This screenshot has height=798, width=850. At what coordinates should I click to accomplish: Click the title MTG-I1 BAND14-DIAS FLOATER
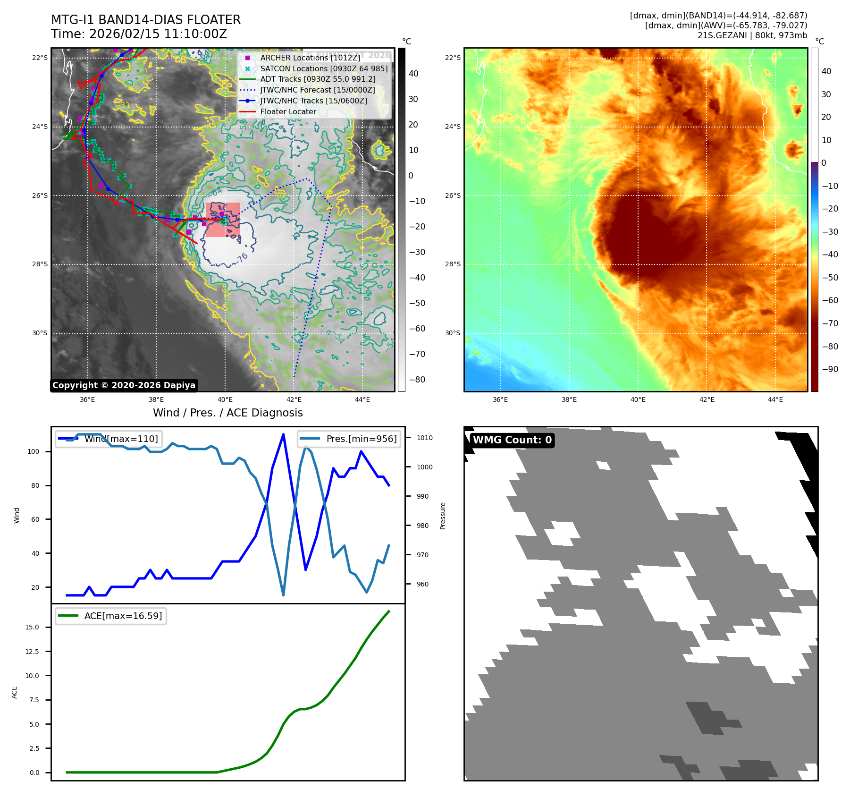pos(146,20)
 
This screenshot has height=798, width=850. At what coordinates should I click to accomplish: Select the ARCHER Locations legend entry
pos(310,58)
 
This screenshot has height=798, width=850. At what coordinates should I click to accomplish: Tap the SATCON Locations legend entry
pos(324,68)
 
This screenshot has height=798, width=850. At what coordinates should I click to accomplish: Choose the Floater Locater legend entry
pos(288,111)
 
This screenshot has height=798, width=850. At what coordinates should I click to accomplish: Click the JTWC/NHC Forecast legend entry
pos(318,90)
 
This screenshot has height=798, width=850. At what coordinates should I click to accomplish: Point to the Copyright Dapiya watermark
pos(124,385)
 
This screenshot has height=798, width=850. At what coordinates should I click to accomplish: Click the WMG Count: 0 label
pos(512,440)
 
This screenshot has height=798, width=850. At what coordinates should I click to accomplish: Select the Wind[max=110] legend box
pos(108,439)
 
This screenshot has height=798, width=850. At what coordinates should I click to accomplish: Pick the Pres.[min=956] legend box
pos(349,439)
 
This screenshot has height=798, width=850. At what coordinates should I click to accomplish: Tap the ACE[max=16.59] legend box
pos(111,616)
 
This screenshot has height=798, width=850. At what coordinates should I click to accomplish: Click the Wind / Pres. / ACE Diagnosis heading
pos(227,413)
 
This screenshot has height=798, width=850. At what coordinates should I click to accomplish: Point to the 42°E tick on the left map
pos(294,399)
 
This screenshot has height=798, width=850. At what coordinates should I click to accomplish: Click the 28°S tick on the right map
pos(453,264)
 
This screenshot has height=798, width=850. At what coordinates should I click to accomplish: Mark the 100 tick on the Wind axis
pos(34,451)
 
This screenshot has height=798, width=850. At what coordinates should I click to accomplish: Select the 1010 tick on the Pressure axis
pos(424,438)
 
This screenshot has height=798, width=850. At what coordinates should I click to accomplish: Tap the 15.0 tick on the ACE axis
pos(32,627)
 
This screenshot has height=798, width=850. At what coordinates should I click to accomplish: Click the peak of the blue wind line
pos(283,434)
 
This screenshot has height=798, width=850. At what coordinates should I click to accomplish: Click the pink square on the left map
pos(222,220)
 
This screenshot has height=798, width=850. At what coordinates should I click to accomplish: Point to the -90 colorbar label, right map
pos(830,369)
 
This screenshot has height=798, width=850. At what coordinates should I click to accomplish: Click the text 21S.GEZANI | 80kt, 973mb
pos(752,35)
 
